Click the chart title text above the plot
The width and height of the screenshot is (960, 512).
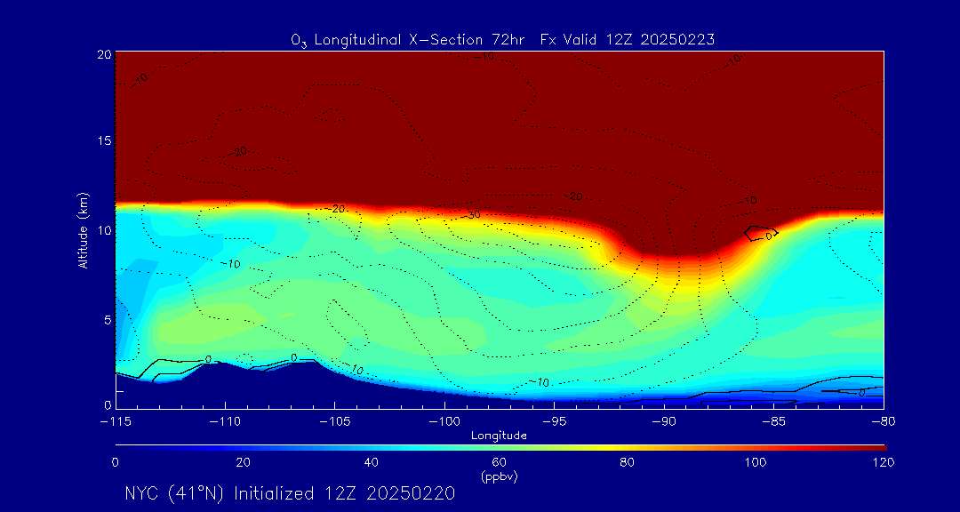point(503,40)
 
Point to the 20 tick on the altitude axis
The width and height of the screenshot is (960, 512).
point(104,54)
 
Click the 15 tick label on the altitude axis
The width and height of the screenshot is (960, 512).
point(104,142)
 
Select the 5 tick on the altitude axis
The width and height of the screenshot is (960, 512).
point(107,319)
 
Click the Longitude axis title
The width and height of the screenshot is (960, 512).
point(499,436)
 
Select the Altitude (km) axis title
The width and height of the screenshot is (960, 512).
point(83,229)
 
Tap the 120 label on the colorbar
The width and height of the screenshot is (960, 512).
point(883,462)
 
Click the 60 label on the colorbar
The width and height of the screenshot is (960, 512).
point(499,462)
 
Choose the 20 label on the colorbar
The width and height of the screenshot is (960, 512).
point(243,462)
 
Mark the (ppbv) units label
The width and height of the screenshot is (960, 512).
point(499,476)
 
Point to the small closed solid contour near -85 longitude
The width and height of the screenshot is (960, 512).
point(761,233)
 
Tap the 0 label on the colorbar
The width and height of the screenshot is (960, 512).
point(116,462)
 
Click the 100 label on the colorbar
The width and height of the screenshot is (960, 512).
point(755,462)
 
